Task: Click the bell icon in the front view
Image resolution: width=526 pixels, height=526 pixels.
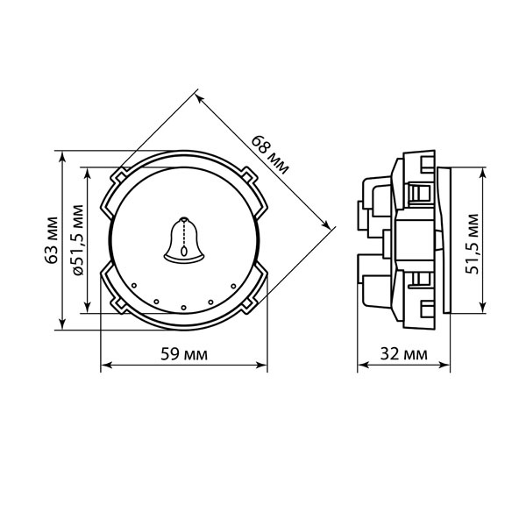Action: pos(184,240)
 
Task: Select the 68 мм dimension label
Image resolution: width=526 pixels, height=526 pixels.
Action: pos(270,154)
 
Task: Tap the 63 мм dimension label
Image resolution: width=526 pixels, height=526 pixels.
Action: pos(52,240)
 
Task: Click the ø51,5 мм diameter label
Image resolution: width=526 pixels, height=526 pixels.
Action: pos(78,240)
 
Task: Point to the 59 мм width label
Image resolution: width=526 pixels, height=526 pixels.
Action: pos(184,354)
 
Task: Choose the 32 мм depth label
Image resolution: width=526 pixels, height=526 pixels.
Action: pos(403,353)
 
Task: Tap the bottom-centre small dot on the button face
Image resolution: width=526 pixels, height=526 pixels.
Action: pos(183,308)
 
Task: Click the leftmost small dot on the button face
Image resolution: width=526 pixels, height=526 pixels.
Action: pos(134,286)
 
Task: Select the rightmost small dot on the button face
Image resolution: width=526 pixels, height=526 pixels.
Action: pos(233,286)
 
